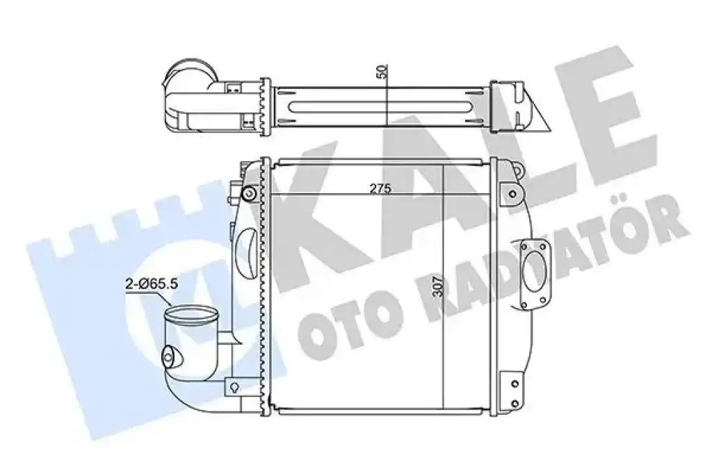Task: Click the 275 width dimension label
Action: click(x=380, y=189)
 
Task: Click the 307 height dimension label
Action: click(x=438, y=286)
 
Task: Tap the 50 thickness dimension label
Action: click(x=383, y=72)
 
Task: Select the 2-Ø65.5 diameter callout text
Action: click(x=152, y=284)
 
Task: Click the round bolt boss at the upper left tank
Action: click(x=249, y=195)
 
